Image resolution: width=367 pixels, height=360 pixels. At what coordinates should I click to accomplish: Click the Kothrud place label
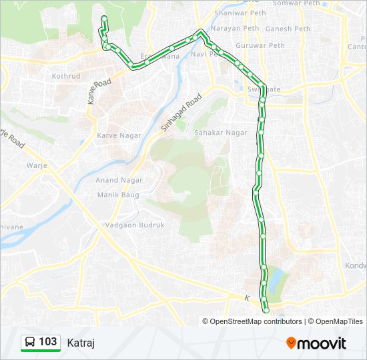66,77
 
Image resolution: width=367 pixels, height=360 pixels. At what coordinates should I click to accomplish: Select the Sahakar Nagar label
220,133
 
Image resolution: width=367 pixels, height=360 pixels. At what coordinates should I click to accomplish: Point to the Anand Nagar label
116,180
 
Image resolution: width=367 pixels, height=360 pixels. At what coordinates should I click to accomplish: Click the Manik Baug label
117,195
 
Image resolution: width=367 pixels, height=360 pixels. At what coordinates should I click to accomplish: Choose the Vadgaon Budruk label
134,225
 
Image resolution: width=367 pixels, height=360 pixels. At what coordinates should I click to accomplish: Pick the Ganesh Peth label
288,29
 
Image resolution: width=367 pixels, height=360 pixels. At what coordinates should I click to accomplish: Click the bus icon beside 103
30,343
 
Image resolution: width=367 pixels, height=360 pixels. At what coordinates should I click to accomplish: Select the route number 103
48,342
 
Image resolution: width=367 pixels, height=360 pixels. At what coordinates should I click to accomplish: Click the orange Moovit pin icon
291,343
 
